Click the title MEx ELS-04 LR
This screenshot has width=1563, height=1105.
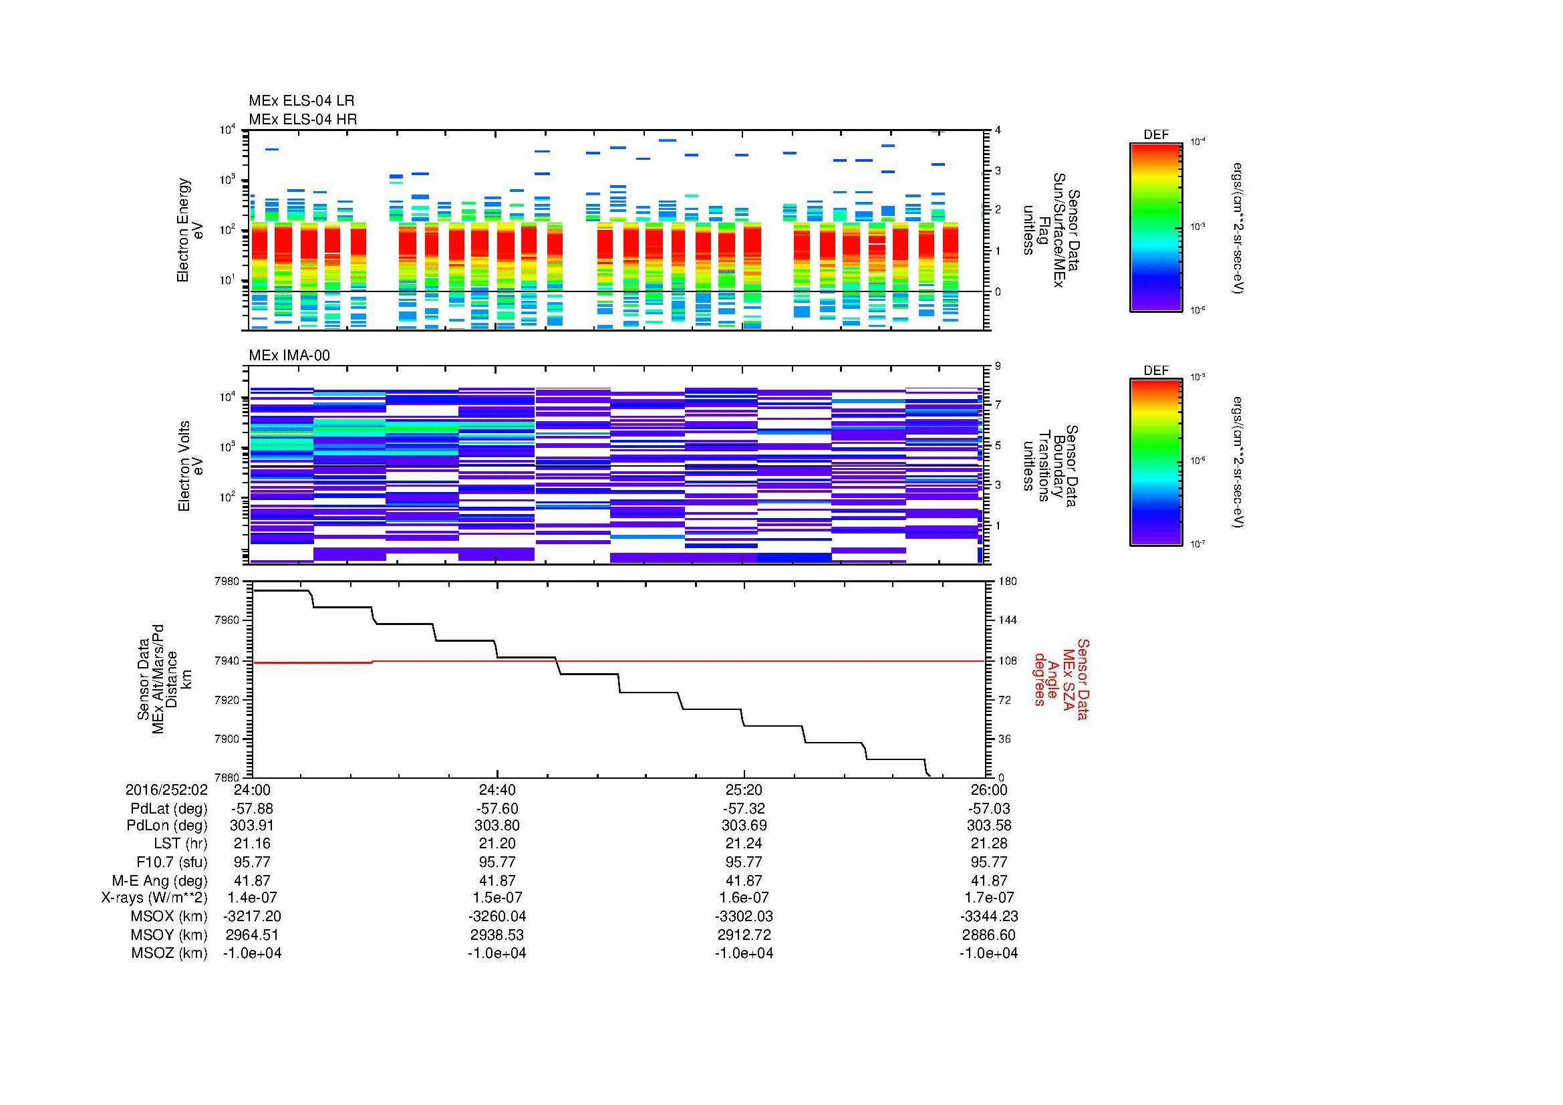point(301,101)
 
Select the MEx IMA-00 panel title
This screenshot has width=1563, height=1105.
point(289,356)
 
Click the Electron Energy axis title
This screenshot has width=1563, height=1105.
point(190,230)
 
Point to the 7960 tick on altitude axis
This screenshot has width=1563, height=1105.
point(228,621)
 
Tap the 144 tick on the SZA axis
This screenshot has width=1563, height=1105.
point(1007,621)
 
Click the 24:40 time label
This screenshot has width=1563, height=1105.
point(497,790)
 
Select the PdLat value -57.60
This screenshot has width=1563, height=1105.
point(497,809)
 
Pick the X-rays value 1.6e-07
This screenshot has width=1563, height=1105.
point(744,898)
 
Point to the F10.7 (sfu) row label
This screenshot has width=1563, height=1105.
point(176,862)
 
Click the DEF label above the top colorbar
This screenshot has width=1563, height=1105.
point(1156,135)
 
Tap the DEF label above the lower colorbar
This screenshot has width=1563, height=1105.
point(1156,371)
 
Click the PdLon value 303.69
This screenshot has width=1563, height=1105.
point(744,826)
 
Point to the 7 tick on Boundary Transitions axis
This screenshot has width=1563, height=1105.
point(998,405)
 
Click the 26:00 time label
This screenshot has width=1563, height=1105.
point(989,790)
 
